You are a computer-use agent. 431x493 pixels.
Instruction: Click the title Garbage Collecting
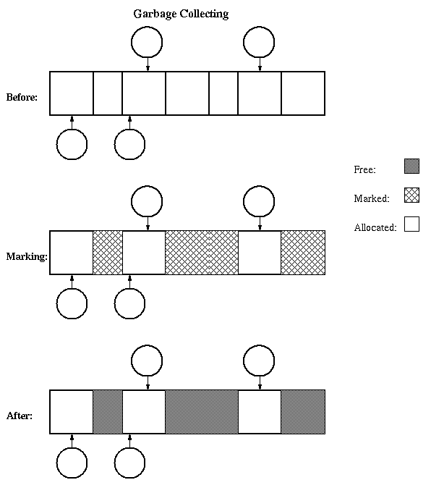coord(181,14)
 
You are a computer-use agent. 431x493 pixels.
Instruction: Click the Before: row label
coord(22,97)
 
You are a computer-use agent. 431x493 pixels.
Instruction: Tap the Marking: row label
coord(27,257)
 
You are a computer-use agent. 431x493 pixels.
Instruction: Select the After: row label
coord(19,416)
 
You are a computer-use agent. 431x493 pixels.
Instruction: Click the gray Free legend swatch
coord(411,166)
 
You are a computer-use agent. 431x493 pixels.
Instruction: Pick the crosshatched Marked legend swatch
coord(411,195)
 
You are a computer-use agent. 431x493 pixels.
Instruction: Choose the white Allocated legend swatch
coord(411,224)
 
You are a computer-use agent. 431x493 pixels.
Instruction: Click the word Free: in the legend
coord(364,169)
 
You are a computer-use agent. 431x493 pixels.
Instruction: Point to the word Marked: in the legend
coord(372,198)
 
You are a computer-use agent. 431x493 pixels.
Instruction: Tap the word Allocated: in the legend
coord(375,227)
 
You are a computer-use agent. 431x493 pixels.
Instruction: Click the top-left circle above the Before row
coord(147,27)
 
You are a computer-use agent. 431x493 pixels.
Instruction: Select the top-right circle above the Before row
coord(259,27)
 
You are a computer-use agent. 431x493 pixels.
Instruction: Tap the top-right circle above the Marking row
coord(259,186)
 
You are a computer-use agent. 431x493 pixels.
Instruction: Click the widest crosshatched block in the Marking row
coord(202,253)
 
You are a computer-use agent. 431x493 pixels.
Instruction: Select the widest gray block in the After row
coord(202,412)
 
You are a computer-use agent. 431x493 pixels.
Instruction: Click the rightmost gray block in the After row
coord(303,412)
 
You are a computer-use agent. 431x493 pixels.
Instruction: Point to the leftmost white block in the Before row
coord(72,93)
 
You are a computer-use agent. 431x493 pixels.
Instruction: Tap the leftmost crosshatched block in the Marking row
coord(108,253)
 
